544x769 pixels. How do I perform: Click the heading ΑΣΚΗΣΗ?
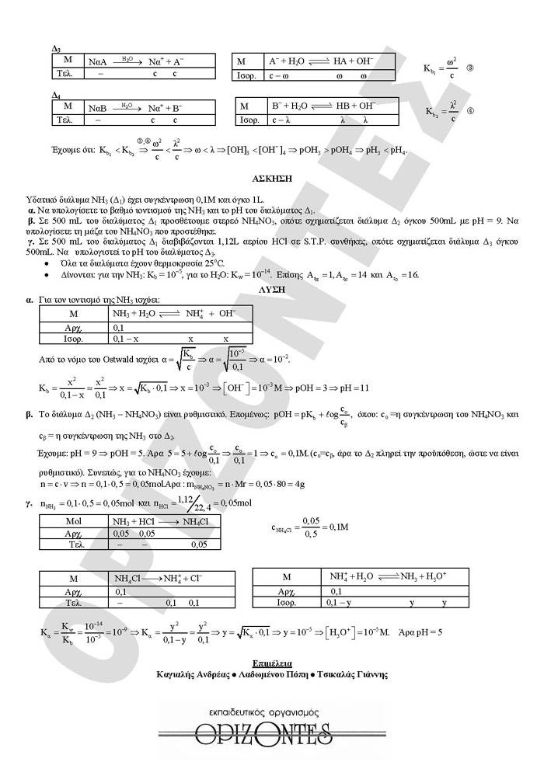272,178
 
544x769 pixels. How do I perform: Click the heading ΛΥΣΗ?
272,288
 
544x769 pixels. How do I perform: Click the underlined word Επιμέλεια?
272,663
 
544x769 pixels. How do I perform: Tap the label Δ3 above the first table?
56,48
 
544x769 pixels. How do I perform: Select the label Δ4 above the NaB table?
56,95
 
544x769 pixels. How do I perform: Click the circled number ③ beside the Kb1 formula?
470,68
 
